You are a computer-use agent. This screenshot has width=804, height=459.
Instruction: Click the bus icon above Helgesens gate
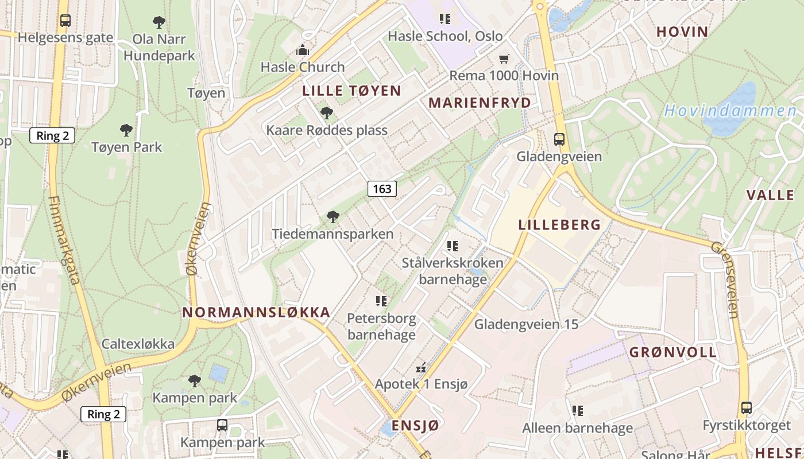click(x=65, y=21)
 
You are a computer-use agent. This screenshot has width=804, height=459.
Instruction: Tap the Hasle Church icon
click(x=303, y=50)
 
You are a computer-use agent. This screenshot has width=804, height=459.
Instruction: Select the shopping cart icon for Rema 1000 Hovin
click(x=504, y=59)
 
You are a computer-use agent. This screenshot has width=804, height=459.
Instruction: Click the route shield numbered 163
click(x=382, y=188)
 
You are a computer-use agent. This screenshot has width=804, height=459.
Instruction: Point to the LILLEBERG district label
click(x=559, y=224)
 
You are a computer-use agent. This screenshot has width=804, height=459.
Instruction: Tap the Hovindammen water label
click(x=730, y=111)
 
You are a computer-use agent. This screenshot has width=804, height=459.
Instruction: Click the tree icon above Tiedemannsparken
click(x=333, y=216)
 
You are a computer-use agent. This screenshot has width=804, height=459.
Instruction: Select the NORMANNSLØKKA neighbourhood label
click(x=256, y=312)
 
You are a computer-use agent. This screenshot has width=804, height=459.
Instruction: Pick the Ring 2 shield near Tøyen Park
click(x=52, y=135)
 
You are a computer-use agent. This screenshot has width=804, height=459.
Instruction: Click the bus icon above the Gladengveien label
click(x=559, y=139)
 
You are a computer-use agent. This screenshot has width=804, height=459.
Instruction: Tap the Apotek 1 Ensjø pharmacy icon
click(x=422, y=367)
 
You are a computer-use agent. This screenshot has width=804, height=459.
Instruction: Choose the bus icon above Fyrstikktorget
click(x=746, y=408)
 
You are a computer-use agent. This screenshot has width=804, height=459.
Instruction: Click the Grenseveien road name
click(x=724, y=279)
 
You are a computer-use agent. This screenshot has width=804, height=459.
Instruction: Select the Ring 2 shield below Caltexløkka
click(x=103, y=414)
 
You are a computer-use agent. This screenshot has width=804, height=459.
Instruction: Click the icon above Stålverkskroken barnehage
click(x=453, y=246)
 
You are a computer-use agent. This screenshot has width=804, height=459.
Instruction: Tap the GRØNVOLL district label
click(x=673, y=352)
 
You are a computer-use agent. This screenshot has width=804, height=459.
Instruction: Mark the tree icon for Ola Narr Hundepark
click(x=159, y=22)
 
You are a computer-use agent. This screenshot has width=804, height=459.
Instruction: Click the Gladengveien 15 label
click(x=526, y=324)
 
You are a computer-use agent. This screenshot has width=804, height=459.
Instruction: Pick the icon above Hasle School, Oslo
click(x=445, y=19)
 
